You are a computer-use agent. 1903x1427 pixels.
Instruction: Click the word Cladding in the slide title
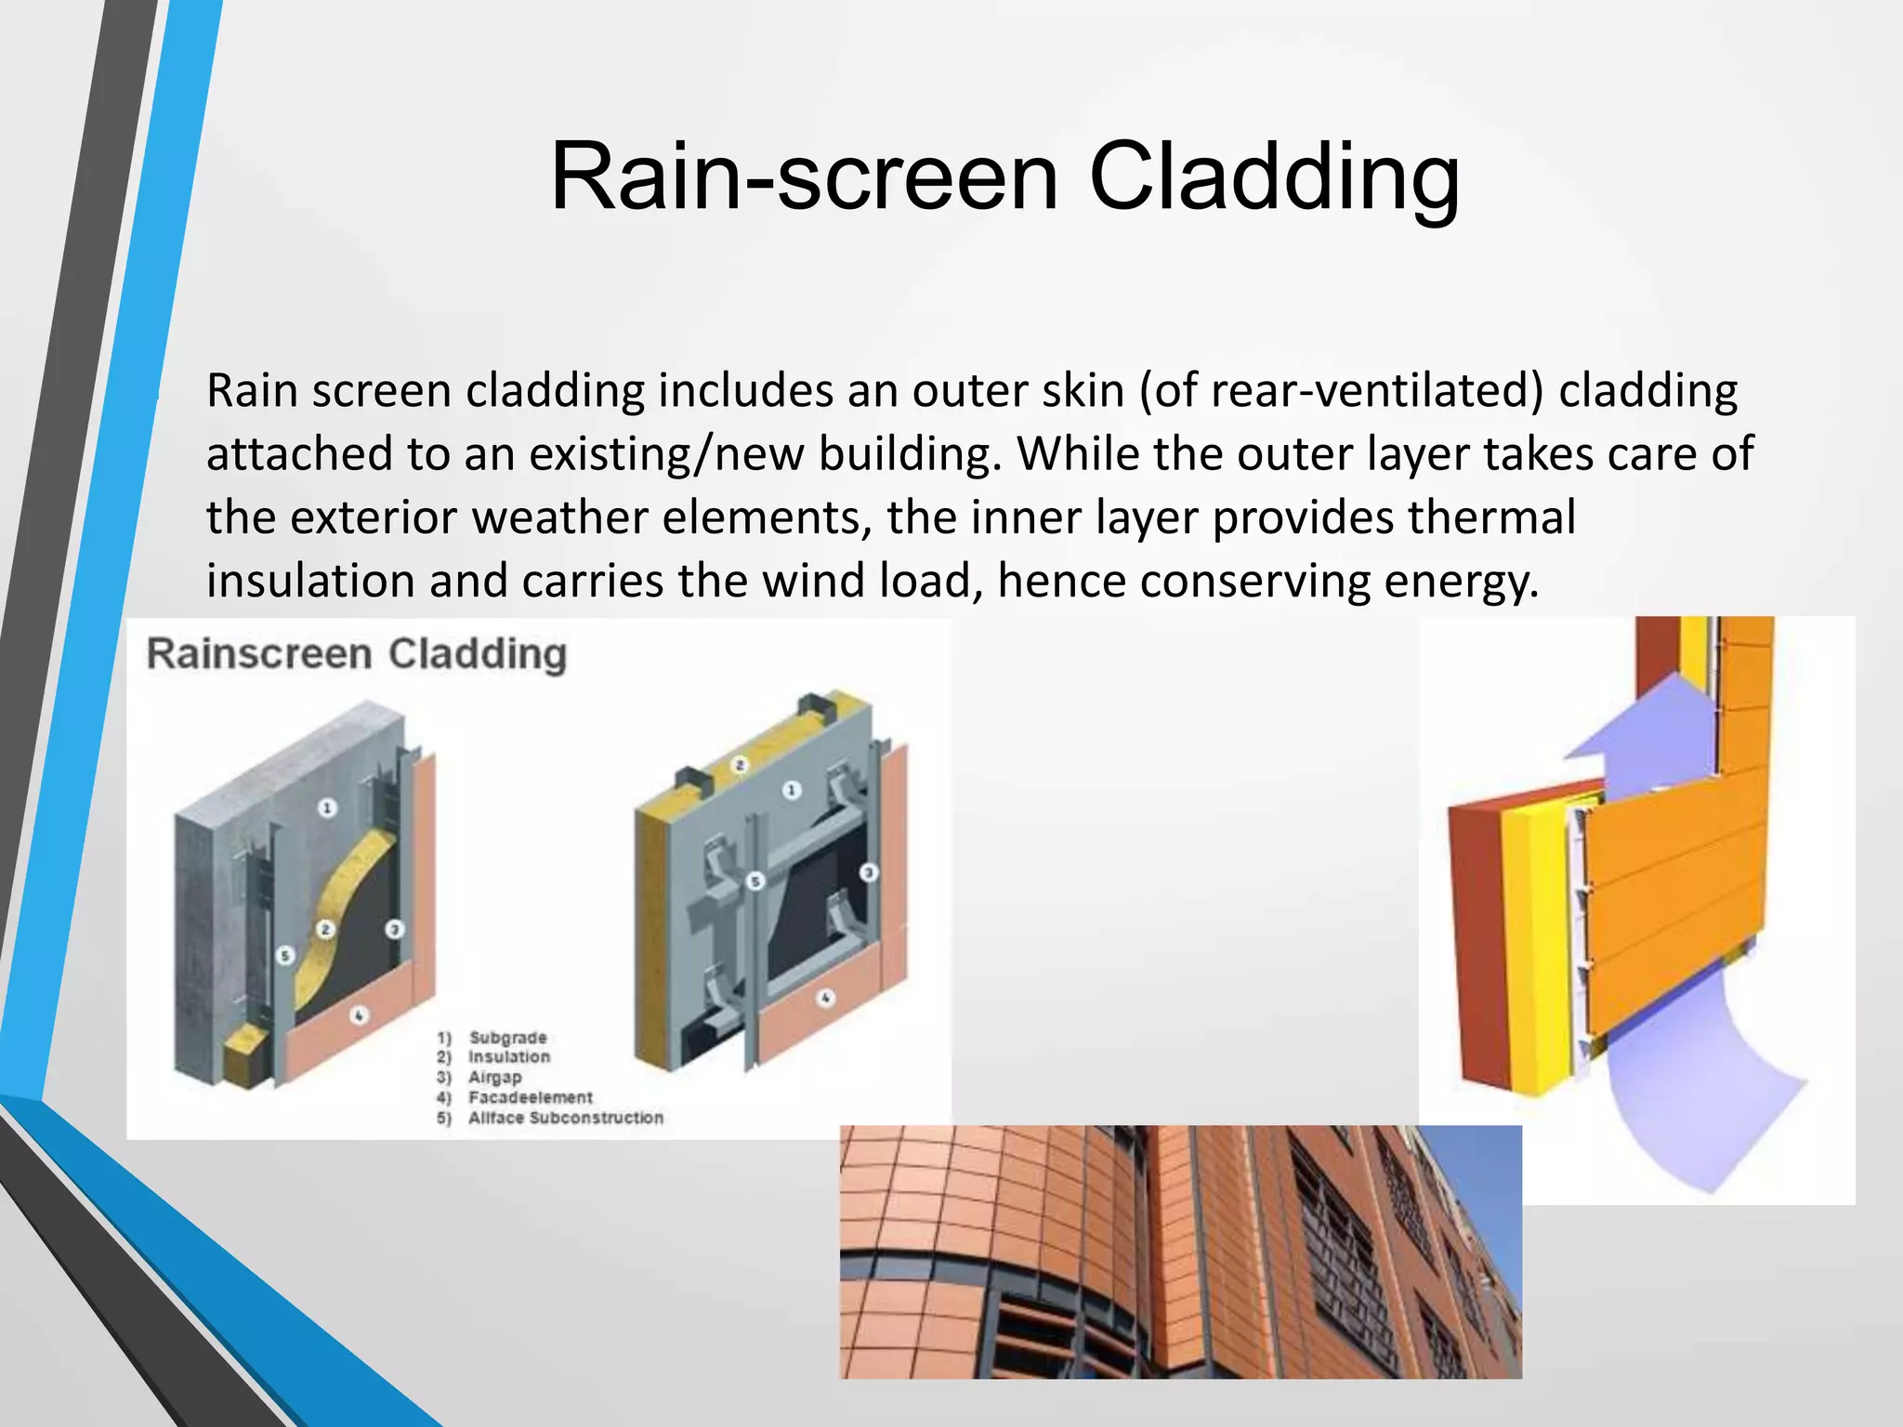point(1274,177)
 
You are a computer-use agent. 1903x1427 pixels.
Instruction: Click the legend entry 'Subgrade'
point(507,1038)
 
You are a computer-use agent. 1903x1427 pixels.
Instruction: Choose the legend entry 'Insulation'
point(509,1057)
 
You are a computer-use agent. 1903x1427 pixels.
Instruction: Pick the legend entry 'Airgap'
point(495,1078)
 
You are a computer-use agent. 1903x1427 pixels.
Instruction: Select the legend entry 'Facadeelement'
point(530,1097)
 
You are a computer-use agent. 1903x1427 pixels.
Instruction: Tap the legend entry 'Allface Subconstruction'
point(565,1118)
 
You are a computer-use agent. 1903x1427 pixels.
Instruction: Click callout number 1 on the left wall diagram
point(327,807)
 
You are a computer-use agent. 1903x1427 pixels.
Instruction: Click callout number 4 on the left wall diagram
point(360,1015)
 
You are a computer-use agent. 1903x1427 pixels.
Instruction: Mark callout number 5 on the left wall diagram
point(285,955)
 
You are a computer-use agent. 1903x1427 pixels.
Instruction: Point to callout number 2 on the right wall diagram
point(740,766)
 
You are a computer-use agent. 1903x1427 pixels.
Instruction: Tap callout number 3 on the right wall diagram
point(868,872)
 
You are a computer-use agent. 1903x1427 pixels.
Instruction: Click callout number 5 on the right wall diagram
point(755,881)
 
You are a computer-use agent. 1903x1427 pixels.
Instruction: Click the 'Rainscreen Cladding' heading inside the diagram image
point(357,654)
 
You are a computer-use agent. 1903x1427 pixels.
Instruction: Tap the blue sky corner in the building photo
point(1477,1161)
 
